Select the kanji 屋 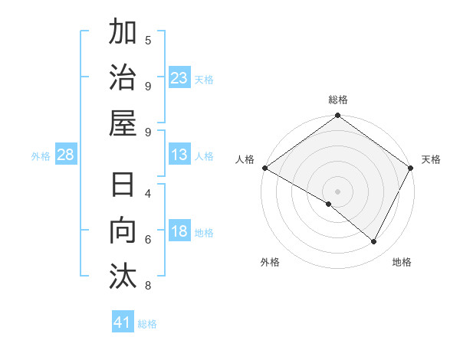point(123,123)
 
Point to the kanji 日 point(123,187)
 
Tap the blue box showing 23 point(179,78)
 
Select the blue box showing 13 point(179,155)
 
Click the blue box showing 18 point(179,232)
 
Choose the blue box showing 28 point(65,155)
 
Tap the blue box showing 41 point(123,322)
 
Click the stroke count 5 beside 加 point(148,40)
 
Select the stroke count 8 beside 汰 point(148,286)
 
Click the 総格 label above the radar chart point(338,100)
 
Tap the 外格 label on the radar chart point(270,262)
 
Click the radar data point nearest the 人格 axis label point(264,168)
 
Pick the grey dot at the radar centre point(338,191)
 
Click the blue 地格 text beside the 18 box point(204,233)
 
